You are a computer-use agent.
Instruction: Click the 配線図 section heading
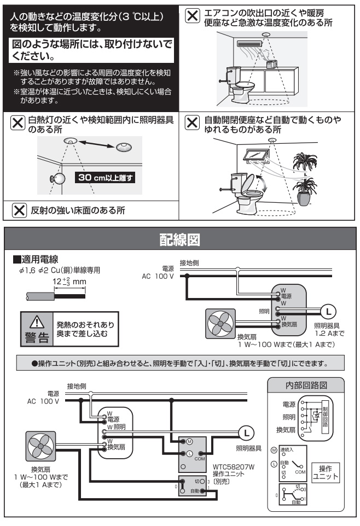tap(180, 239)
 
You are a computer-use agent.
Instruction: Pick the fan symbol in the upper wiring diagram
tap(219, 323)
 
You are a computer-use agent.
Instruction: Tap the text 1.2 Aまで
tap(328, 333)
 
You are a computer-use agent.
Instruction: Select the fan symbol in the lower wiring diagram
tap(40, 445)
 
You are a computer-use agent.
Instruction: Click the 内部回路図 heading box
tap(305, 385)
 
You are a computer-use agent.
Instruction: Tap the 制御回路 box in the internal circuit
tap(326, 419)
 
